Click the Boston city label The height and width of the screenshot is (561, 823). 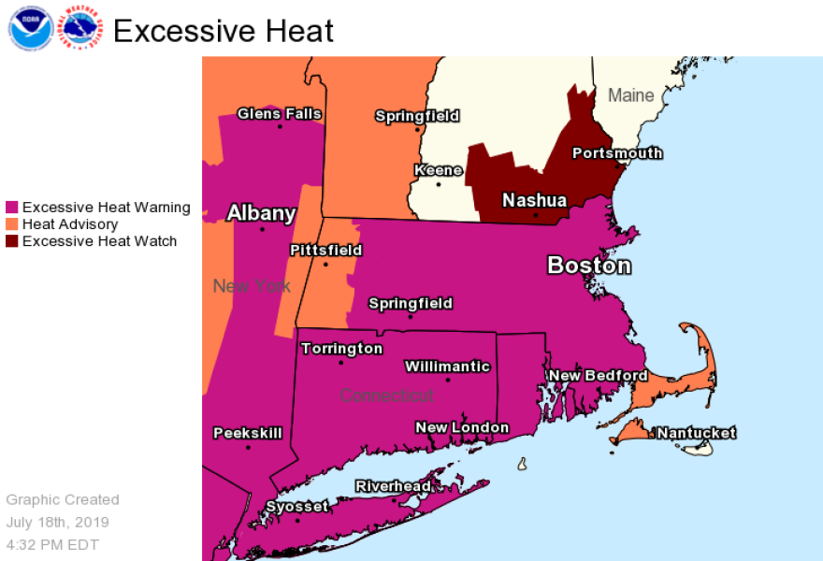589,266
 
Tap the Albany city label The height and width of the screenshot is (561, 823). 261,213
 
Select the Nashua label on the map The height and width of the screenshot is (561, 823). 534,200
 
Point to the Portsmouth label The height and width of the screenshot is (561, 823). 616,153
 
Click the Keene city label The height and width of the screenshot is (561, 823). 439,170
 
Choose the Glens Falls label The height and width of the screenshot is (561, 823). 279,114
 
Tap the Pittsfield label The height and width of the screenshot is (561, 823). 325,251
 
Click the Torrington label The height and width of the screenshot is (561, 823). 341,349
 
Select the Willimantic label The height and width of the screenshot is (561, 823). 447,367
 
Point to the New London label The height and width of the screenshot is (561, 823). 462,428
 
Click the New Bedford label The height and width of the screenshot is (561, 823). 598,376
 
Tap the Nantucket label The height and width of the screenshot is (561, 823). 696,433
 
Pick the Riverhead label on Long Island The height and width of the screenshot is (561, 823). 393,486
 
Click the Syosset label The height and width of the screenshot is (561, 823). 297,507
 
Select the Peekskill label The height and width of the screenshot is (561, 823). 247,434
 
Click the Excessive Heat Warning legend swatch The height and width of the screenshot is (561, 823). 12,208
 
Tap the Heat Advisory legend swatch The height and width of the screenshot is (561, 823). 12,224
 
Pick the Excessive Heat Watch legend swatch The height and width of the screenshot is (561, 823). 12,241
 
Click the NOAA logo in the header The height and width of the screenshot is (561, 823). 30,28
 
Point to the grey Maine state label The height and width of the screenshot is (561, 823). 630,95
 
